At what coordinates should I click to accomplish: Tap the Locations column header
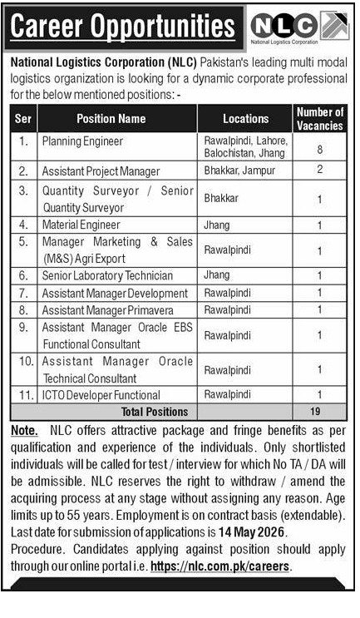245,119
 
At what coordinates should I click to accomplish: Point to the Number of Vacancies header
319,119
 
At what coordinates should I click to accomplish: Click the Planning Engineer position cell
82,142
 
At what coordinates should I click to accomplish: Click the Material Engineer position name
81,225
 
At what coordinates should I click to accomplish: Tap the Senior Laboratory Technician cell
107,275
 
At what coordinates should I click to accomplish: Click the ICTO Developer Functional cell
101,395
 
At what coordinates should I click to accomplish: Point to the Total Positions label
155,412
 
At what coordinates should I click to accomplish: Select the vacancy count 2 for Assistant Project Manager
319,171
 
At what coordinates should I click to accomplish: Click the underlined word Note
24,432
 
